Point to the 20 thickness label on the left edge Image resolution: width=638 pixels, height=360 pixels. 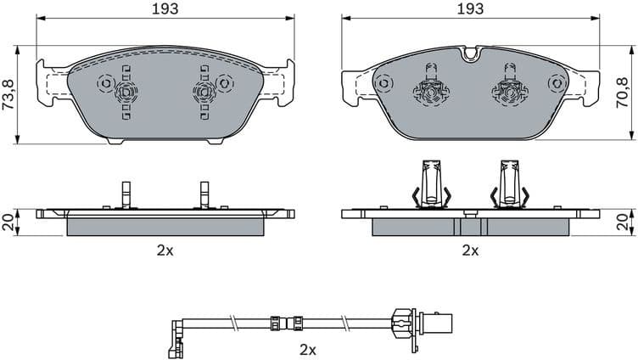(x=8, y=222)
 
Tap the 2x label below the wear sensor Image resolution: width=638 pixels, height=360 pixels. (x=309, y=349)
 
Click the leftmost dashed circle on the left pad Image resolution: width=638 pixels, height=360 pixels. (x=106, y=84)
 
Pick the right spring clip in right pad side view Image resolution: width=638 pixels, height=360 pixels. (x=511, y=184)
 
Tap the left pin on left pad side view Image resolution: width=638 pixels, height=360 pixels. (x=125, y=194)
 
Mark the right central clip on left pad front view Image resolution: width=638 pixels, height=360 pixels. (x=204, y=91)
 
